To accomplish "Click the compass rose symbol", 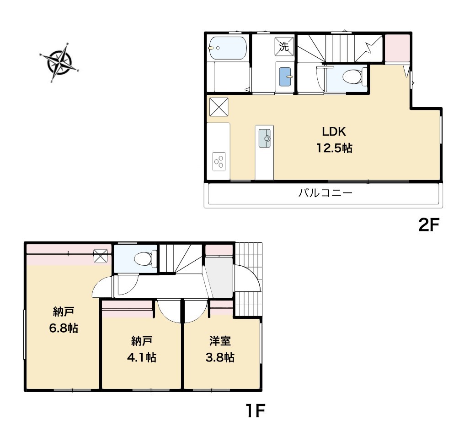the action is pyautogui.click(x=60, y=63).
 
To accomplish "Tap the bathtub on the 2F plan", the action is pyautogui.click(x=228, y=48).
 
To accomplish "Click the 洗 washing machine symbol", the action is pyautogui.click(x=284, y=46).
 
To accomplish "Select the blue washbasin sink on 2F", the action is pyautogui.click(x=285, y=77).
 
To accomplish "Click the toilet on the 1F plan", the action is pyautogui.click(x=145, y=259).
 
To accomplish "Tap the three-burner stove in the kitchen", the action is pyautogui.click(x=219, y=161).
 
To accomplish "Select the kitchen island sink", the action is pyautogui.click(x=264, y=138).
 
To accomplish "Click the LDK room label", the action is pyautogui.click(x=334, y=131).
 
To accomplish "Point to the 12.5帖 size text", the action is pyautogui.click(x=334, y=148).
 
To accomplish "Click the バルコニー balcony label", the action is pyautogui.click(x=326, y=193).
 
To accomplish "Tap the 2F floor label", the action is pyautogui.click(x=428, y=225).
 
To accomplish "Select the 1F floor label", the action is pyautogui.click(x=255, y=411).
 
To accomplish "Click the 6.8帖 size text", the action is pyautogui.click(x=64, y=328).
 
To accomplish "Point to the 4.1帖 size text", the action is pyautogui.click(x=141, y=357).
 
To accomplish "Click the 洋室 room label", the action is pyautogui.click(x=220, y=341).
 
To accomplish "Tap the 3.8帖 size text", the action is pyautogui.click(x=220, y=357).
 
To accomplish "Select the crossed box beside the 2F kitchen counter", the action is pyautogui.click(x=219, y=107).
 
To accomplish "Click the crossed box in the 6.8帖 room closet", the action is pyautogui.click(x=101, y=256).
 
